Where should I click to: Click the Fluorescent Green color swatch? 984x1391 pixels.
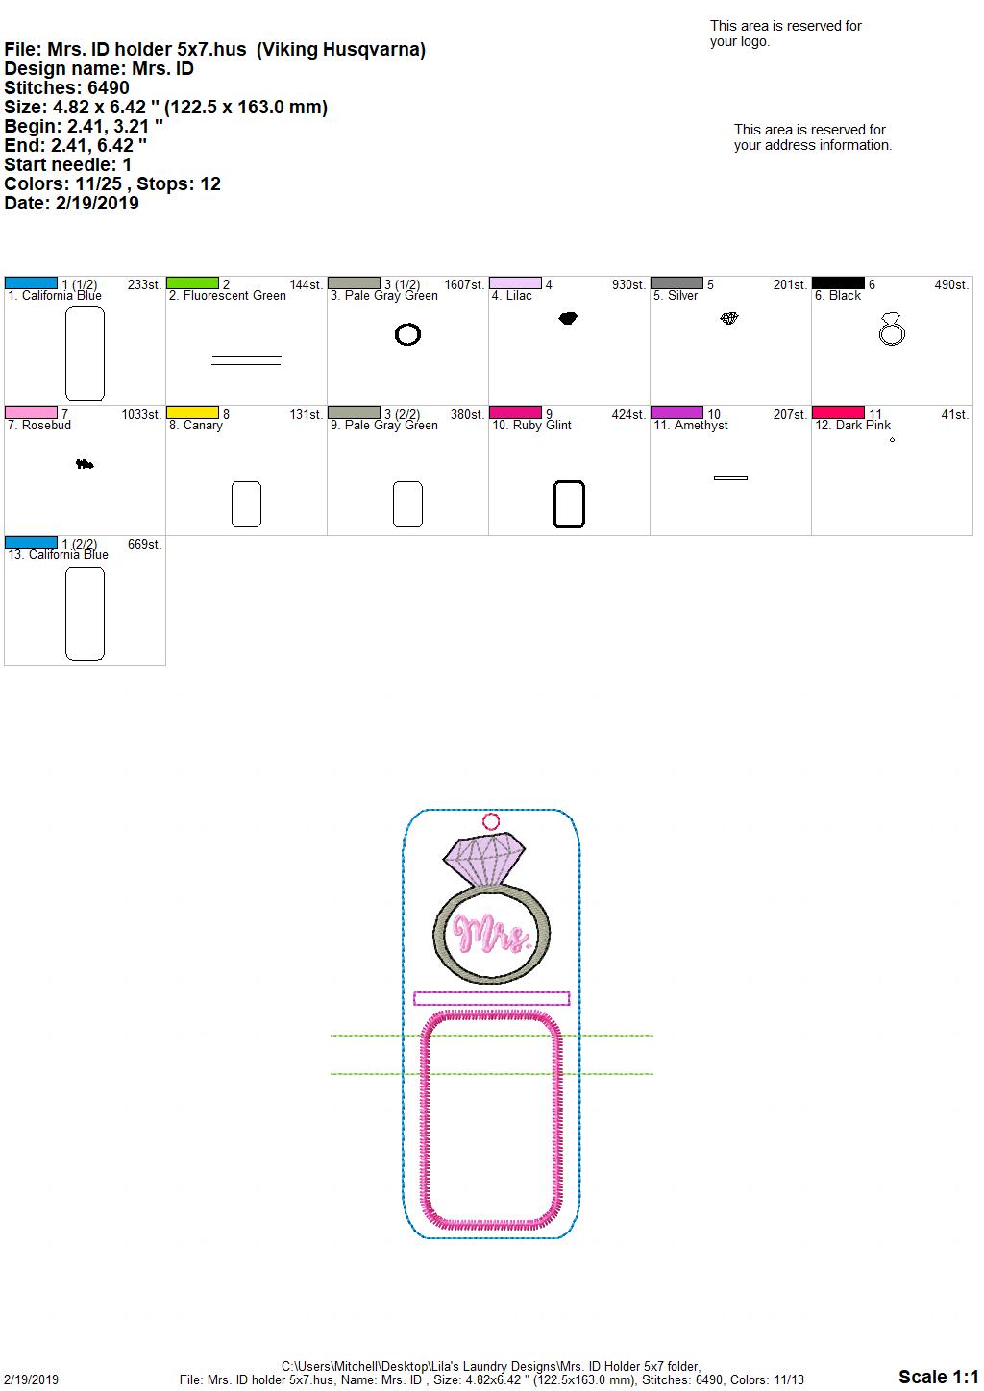tap(192, 283)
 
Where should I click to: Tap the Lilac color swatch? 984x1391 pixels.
tap(516, 283)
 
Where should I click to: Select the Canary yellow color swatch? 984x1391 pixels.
tap(192, 413)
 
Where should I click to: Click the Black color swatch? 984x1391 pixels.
tap(838, 283)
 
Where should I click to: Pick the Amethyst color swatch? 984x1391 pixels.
tap(677, 413)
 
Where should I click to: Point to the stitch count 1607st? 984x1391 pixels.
tap(464, 285)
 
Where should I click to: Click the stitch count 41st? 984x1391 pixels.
tap(955, 415)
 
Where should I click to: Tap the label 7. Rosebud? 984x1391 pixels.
tap(39, 426)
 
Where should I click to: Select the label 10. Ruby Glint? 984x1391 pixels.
tap(531, 426)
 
